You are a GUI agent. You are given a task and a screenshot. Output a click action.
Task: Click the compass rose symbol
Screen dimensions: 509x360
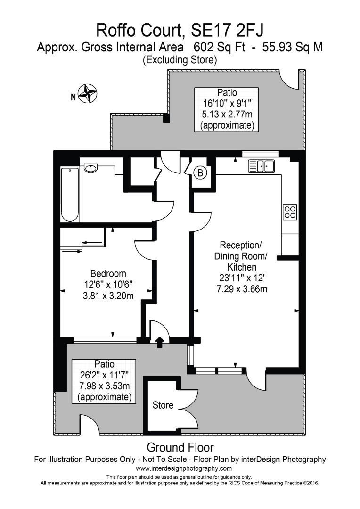[87, 93]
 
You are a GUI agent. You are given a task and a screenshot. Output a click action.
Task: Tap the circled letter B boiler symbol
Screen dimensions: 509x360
[200, 173]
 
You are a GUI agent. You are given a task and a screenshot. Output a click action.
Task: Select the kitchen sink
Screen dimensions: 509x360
[262, 166]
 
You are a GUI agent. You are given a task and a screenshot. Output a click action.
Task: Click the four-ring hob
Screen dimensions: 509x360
[289, 212]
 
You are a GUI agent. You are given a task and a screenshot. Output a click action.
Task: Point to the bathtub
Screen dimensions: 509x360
[70, 194]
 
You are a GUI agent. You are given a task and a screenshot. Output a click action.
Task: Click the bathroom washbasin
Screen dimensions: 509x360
[90, 168]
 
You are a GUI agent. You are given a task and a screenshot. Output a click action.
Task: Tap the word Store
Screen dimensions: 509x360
[163, 405]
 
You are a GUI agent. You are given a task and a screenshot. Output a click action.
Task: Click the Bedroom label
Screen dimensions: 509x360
[108, 273]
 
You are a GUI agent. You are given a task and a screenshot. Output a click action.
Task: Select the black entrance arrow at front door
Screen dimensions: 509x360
[160, 342]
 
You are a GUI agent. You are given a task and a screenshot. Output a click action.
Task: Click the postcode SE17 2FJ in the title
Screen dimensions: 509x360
[228, 30]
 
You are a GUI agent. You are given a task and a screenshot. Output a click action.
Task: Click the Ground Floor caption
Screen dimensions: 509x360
[180, 447]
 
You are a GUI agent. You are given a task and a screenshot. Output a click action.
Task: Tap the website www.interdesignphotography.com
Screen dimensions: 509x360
[184, 468]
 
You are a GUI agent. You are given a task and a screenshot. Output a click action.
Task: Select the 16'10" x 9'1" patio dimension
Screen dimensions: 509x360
[227, 103]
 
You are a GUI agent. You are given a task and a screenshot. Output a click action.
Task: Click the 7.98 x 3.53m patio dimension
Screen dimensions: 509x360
[104, 387]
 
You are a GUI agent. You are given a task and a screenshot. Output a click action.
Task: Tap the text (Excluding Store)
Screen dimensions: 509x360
[180, 59]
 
